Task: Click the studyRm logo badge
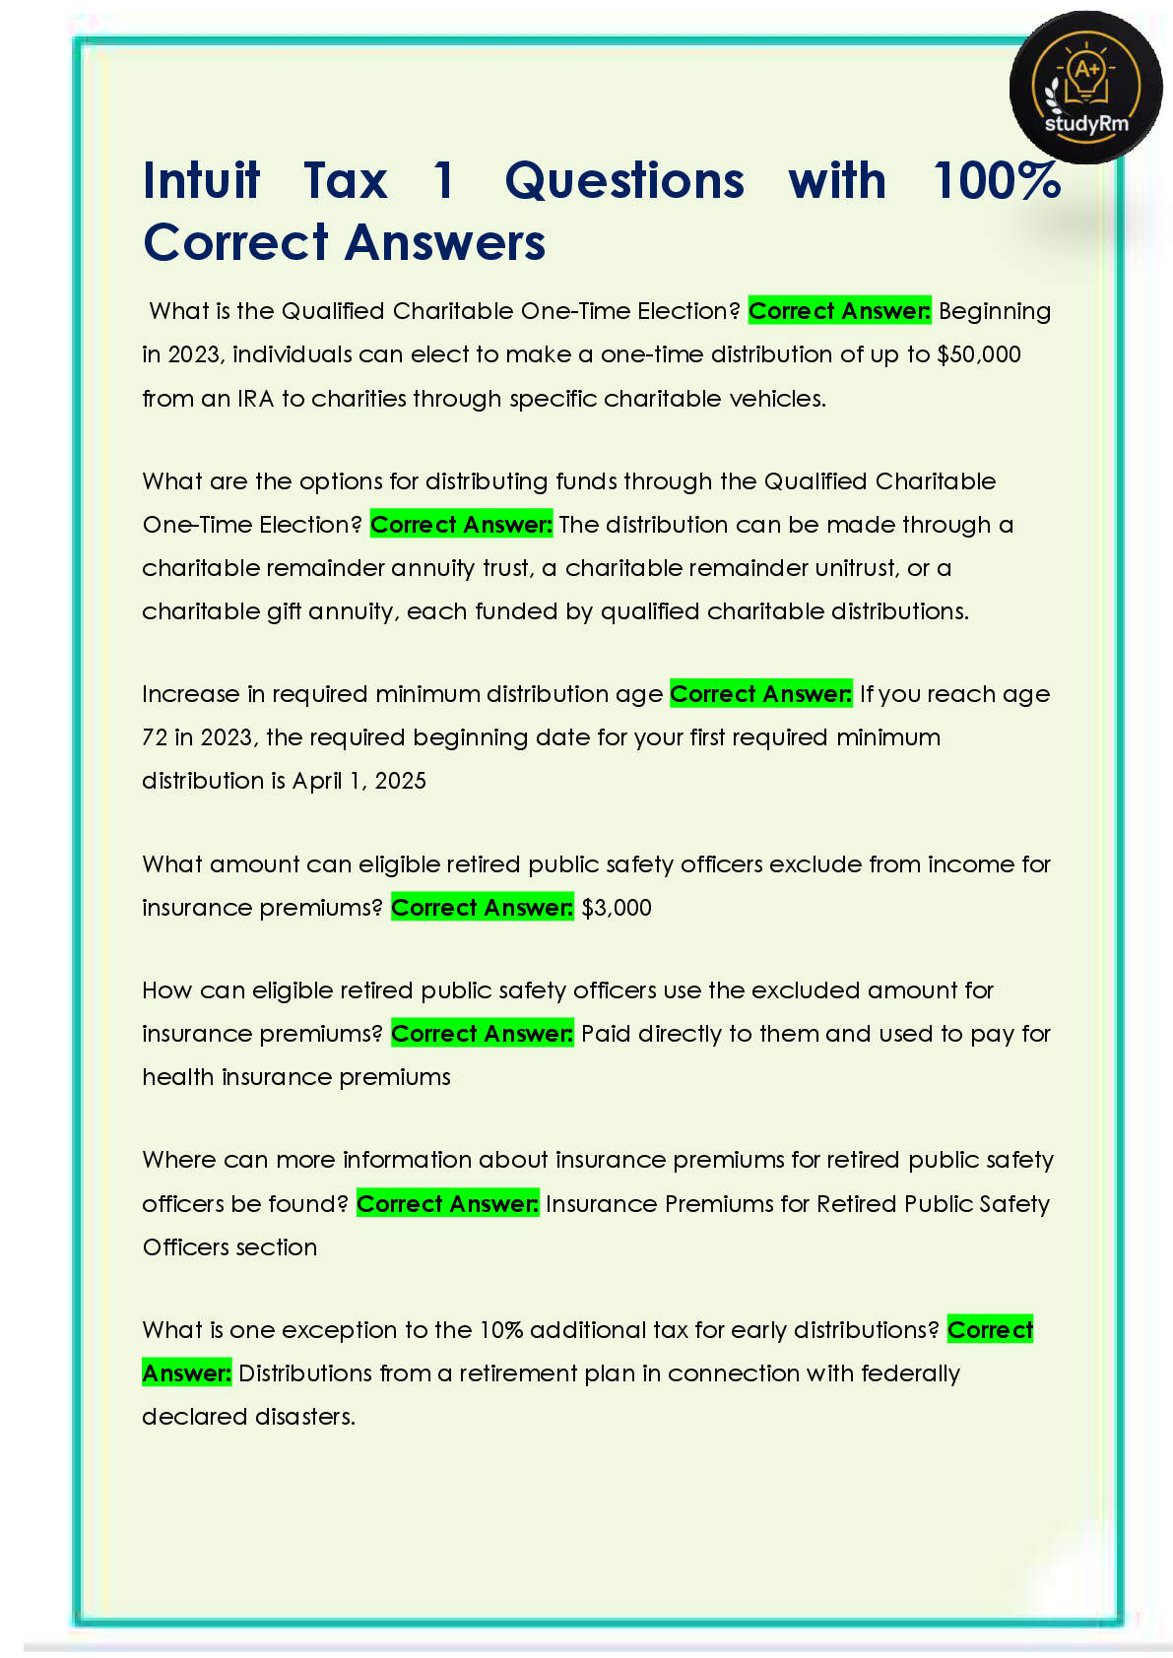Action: pos(1085,88)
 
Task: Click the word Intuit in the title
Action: pos(202,181)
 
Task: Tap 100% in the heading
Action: pos(996,181)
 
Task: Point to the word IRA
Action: pos(255,399)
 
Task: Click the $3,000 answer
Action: pos(617,908)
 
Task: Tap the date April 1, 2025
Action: pos(359,781)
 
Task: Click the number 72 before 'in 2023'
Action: pos(155,737)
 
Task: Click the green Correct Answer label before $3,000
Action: pos(482,908)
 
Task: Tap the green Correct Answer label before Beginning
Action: pos(839,311)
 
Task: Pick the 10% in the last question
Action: pos(501,1330)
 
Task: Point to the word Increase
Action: pos(191,694)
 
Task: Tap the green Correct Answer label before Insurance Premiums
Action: pos(447,1204)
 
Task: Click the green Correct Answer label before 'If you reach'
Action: pos(760,694)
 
